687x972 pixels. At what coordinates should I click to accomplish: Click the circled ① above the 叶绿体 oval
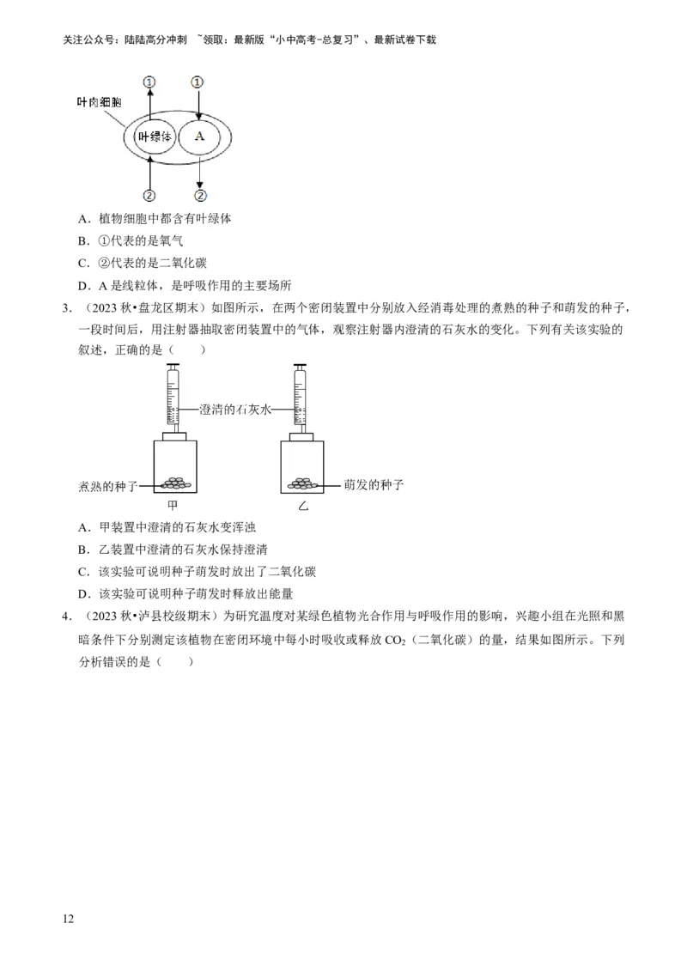point(150,82)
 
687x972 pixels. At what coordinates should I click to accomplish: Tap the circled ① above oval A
point(198,82)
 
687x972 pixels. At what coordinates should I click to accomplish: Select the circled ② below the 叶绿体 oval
point(149,195)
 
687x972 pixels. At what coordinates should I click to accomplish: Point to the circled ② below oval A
point(199,195)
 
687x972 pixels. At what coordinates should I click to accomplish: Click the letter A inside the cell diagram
point(199,137)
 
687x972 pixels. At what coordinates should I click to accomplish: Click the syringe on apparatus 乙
point(301,395)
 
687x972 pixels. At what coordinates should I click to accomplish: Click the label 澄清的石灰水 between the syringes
point(235,410)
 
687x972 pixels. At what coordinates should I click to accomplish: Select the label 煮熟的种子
point(107,487)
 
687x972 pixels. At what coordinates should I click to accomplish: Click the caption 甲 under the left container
point(173,505)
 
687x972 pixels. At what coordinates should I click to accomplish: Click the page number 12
point(69,919)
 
